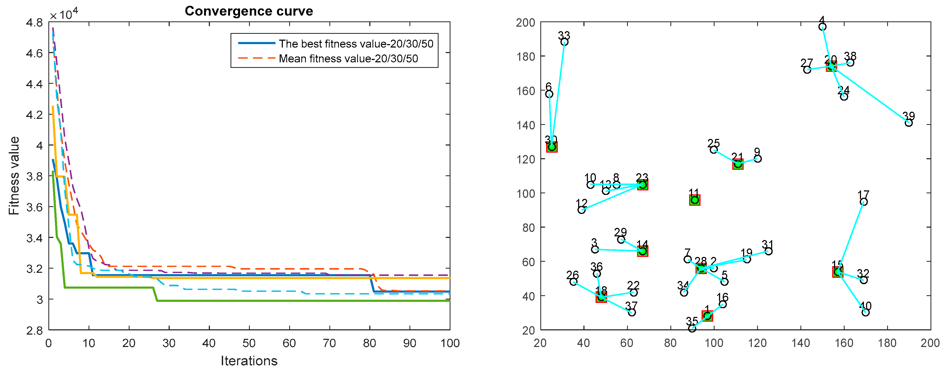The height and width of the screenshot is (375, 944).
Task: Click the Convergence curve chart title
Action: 249,11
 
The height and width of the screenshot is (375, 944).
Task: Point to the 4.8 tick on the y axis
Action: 34,22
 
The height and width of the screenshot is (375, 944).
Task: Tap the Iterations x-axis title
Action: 249,361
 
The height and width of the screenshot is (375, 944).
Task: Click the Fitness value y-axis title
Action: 14,176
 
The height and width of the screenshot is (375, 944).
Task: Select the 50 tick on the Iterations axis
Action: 249,343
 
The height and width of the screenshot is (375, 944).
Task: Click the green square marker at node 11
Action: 695,200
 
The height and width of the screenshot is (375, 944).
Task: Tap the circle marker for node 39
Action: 909,123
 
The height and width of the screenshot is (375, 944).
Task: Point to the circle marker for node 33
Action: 565,42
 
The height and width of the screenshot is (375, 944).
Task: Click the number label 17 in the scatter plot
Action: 863,194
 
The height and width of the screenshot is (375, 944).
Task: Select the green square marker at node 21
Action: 738,165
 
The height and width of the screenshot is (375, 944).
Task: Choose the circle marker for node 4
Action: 822,27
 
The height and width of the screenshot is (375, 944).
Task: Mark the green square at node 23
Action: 642,185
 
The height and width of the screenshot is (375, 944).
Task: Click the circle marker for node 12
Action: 582,210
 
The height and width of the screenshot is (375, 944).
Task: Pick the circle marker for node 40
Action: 865,312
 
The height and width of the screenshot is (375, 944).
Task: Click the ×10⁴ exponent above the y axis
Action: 64,15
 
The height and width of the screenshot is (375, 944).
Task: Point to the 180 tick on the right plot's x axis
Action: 887,343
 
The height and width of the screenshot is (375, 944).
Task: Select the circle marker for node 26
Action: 573,282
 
